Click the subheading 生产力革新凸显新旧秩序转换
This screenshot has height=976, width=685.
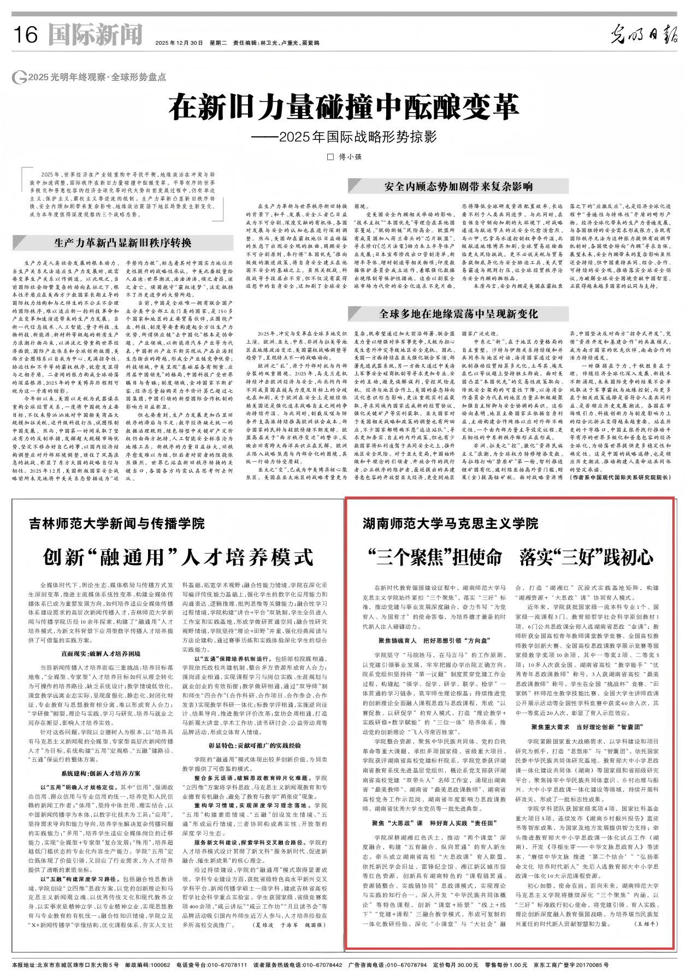click(x=122, y=243)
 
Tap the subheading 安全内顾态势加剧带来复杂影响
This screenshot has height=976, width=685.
click(x=458, y=186)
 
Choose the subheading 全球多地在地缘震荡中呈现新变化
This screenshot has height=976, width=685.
click(x=459, y=314)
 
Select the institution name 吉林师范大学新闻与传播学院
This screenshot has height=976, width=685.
click(x=117, y=524)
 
